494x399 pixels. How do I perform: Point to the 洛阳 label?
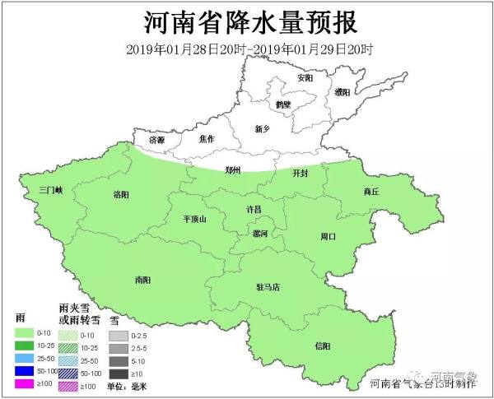coord(120,195)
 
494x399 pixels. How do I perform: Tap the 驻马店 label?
coord(268,288)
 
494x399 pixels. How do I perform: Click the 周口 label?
coord(328,236)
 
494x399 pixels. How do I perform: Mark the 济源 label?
coord(155,141)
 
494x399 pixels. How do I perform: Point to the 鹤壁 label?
coord(284,104)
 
